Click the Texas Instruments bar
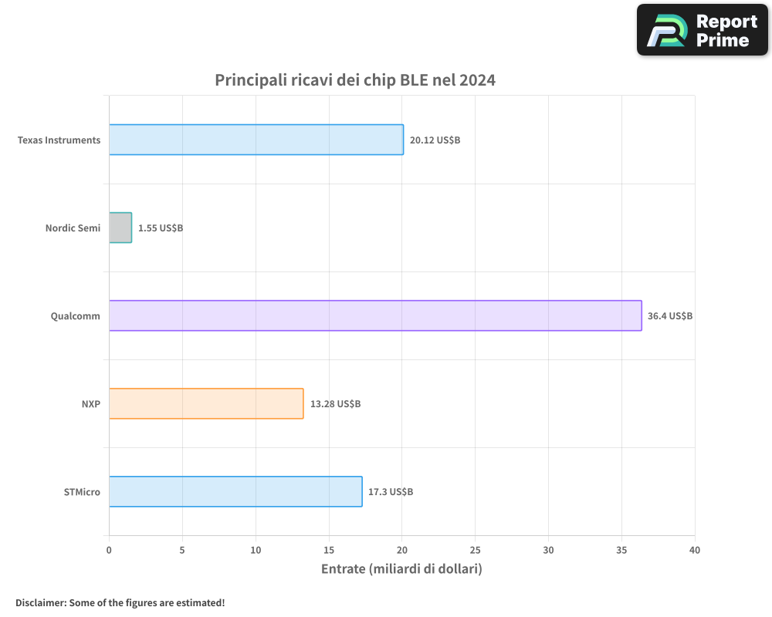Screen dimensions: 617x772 click(x=256, y=140)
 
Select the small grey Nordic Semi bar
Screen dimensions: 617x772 click(x=120, y=228)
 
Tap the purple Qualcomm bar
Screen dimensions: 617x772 click(x=375, y=315)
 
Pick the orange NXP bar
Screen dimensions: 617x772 click(x=206, y=403)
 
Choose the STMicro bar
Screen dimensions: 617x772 click(x=235, y=491)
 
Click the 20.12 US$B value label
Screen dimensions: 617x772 click(x=435, y=140)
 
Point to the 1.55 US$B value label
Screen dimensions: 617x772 click(x=161, y=228)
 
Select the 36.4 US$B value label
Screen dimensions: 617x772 click(x=670, y=316)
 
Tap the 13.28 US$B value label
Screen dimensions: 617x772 click(x=335, y=404)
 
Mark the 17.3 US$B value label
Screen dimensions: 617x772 click(x=391, y=492)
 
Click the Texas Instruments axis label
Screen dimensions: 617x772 click(x=59, y=140)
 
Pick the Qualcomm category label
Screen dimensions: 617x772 click(x=76, y=316)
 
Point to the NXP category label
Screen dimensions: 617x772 click(x=90, y=404)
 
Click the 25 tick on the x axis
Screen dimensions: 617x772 click(x=475, y=550)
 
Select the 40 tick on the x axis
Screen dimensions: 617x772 click(x=695, y=550)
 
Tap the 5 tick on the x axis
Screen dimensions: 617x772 click(x=182, y=550)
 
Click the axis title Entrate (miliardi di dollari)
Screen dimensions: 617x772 click(x=401, y=568)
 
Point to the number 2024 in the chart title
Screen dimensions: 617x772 click(x=477, y=80)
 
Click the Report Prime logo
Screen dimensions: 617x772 click(x=703, y=30)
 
